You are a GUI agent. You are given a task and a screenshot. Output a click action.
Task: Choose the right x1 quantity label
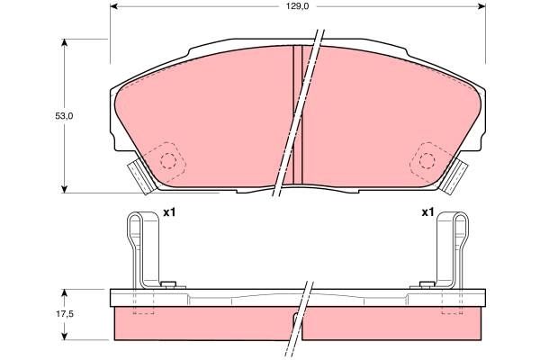(427, 213)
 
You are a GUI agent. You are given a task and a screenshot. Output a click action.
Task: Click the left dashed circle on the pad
(167, 160)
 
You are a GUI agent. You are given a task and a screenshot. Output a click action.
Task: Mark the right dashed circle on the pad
(425, 160)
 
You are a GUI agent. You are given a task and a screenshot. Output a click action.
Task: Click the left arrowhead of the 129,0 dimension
(114, 8)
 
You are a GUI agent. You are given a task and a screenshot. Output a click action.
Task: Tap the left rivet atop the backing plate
(166, 285)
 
